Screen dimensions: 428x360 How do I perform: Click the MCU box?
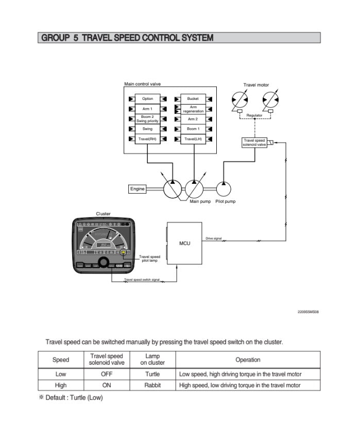click(x=185, y=243)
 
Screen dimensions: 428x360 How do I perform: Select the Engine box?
click(x=138, y=189)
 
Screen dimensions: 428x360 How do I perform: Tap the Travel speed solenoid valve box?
click(x=254, y=143)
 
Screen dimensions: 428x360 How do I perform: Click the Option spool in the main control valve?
click(x=148, y=99)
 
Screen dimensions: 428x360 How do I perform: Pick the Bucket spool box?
click(x=193, y=99)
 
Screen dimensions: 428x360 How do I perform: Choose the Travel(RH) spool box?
click(x=148, y=139)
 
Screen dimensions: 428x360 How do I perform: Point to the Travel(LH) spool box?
click(x=193, y=139)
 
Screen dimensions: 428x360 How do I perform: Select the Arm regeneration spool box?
click(x=193, y=109)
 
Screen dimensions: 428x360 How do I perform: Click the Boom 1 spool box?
click(x=193, y=129)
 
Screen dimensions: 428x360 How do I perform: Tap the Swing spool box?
click(x=148, y=129)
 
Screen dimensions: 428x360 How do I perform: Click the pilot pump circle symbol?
click(x=224, y=189)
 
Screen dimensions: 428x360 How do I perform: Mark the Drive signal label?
click(x=213, y=239)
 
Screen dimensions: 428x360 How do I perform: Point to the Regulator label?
click(x=254, y=115)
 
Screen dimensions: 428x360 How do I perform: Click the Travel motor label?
click(x=256, y=85)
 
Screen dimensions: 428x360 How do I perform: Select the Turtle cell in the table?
click(x=153, y=374)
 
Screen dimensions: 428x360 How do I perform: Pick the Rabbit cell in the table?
click(x=153, y=385)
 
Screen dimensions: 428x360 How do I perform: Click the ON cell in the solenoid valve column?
click(x=107, y=385)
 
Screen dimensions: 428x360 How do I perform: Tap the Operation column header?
click(x=248, y=359)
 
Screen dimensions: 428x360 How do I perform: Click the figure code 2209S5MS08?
click(x=308, y=311)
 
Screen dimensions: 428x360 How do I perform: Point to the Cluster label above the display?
click(x=103, y=214)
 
